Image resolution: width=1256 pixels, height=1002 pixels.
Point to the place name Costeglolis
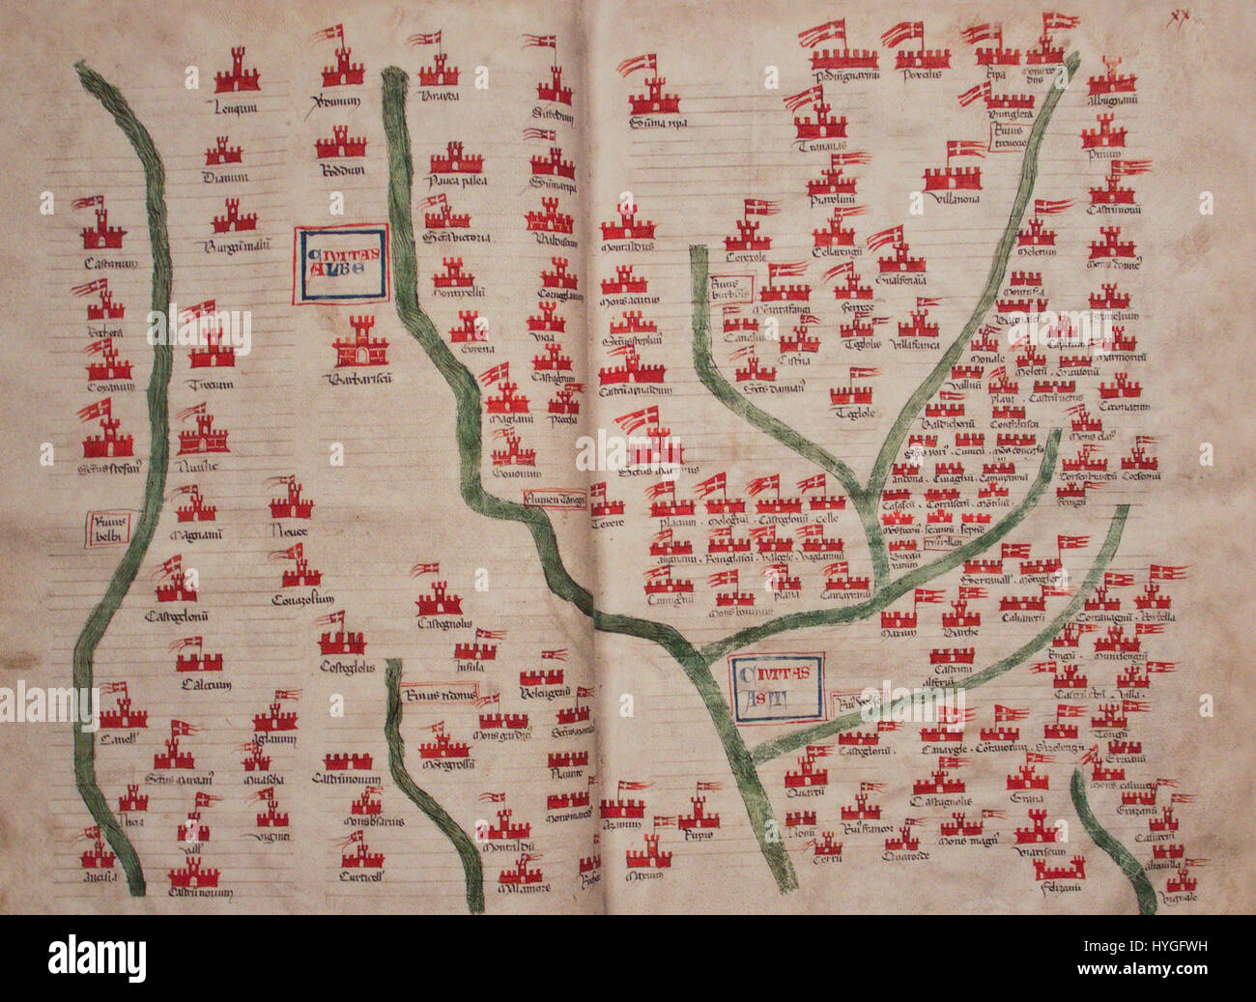(x=346, y=667)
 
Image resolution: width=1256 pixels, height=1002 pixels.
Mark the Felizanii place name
(x=1059, y=887)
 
